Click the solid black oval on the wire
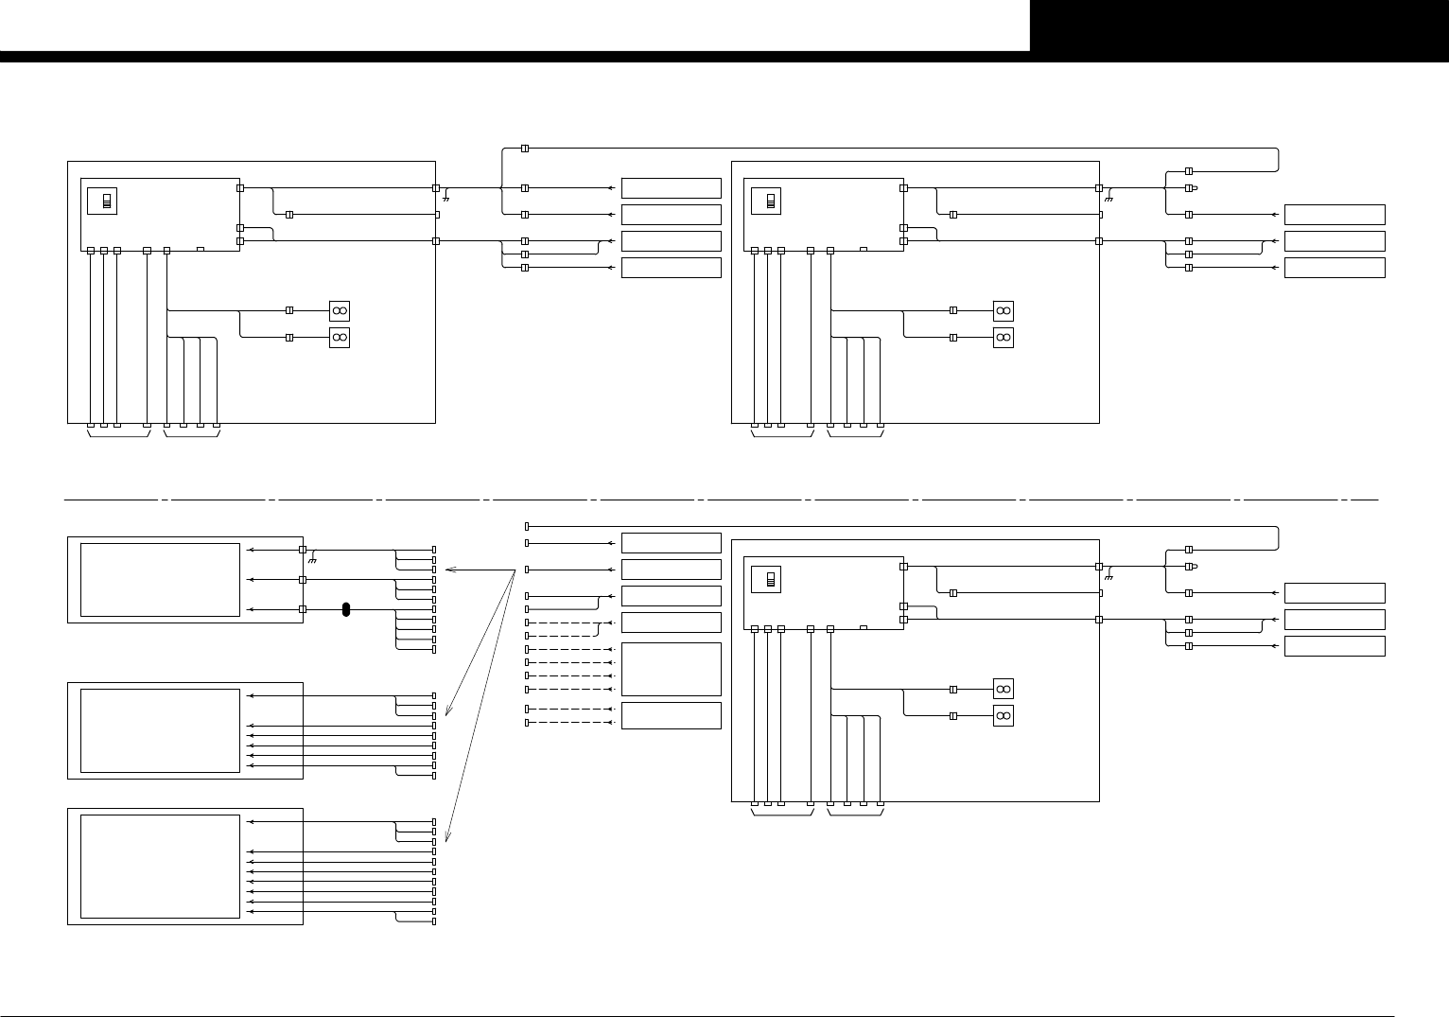tap(346, 610)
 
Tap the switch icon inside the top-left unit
tap(106, 202)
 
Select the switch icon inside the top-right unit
tap(770, 202)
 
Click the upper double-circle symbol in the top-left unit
tap(340, 310)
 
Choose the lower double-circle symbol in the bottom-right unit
tap(1004, 715)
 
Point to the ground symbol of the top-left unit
tap(445, 199)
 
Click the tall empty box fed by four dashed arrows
tap(671, 669)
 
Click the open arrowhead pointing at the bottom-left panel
tap(447, 836)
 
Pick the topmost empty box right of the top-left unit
tap(671, 188)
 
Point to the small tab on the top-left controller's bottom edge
tap(201, 250)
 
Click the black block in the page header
tap(1239, 26)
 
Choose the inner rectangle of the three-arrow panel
tap(160, 579)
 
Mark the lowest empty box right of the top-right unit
tap(1335, 268)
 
